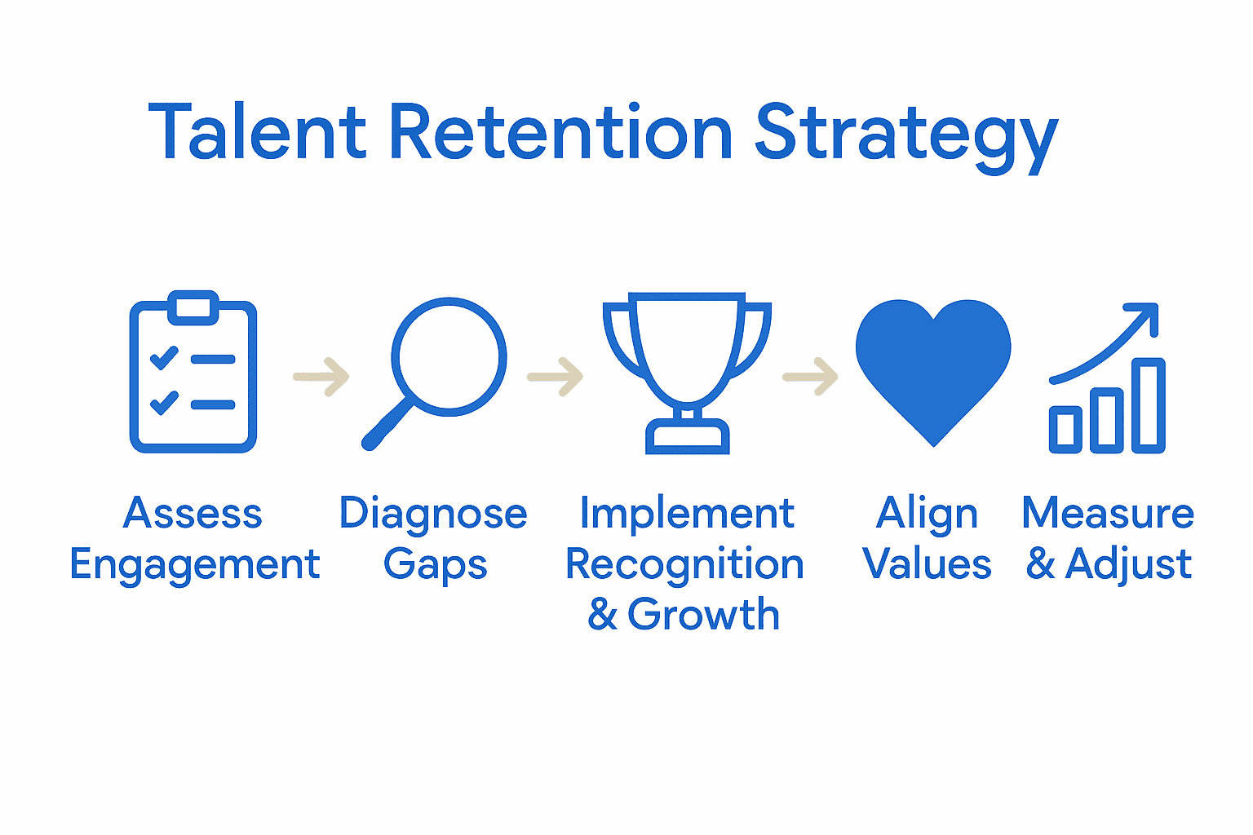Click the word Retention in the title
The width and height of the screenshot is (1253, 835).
pyautogui.click(x=560, y=132)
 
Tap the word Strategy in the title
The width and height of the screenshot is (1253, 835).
pyautogui.click(x=905, y=135)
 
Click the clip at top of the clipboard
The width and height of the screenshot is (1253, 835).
pyautogui.click(x=193, y=307)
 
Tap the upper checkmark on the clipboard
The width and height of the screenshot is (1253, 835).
pyautogui.click(x=164, y=357)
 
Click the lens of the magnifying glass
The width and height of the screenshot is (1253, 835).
pyautogui.click(x=449, y=356)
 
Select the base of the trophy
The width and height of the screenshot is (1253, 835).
pyautogui.click(x=687, y=437)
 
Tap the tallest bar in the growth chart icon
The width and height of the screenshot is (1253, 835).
pyautogui.click(x=1149, y=405)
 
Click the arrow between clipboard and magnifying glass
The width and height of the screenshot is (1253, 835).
pyautogui.click(x=322, y=377)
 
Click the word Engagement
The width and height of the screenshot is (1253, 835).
pyautogui.click(x=194, y=564)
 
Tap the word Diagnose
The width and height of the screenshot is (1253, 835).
pyautogui.click(x=433, y=515)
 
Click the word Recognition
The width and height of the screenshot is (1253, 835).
pyautogui.click(x=684, y=564)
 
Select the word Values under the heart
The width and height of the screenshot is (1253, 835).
pyautogui.click(x=927, y=563)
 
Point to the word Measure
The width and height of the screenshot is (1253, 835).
pyautogui.click(x=1108, y=514)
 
